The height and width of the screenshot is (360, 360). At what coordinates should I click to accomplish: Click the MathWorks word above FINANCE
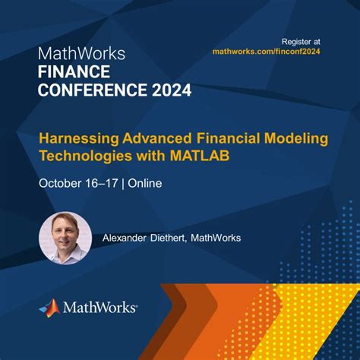pyautogui.click(x=81, y=54)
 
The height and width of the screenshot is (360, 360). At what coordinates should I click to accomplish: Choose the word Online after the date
pyautogui.click(x=144, y=183)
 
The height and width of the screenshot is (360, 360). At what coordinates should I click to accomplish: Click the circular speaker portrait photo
pyautogui.click(x=64, y=238)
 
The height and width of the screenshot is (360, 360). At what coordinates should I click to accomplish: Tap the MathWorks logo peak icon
pyautogui.click(x=49, y=307)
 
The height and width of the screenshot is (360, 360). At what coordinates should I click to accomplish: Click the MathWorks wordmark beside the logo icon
pyautogui.click(x=99, y=308)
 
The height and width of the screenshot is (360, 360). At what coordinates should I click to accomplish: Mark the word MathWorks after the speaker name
pyautogui.click(x=216, y=238)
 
